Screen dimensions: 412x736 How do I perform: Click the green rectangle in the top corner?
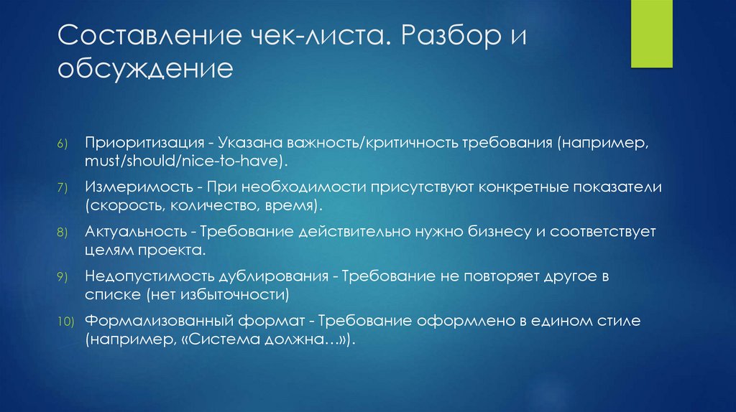[x=652, y=34]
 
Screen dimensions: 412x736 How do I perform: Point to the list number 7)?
[x=63, y=188]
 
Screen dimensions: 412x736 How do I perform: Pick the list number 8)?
[x=63, y=233]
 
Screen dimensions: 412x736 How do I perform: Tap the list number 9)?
[x=63, y=278]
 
